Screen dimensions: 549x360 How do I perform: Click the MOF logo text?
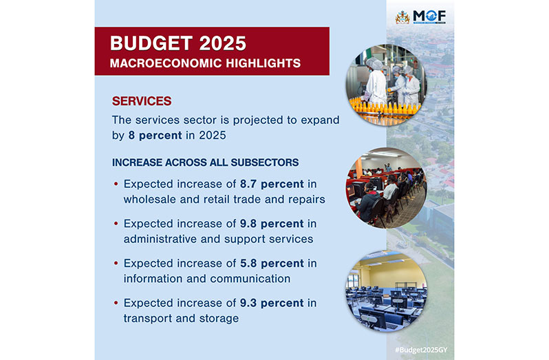click(429, 16)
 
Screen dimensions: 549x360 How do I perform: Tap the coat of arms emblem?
click(402, 17)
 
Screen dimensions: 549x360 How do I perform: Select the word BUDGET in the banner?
click(151, 43)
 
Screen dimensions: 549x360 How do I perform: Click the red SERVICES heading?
click(142, 101)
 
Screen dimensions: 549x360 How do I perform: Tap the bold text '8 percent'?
click(155, 136)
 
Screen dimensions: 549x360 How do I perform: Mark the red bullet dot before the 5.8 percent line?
click(116, 263)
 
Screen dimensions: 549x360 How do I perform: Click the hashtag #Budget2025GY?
click(421, 350)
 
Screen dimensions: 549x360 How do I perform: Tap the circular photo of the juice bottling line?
click(387, 85)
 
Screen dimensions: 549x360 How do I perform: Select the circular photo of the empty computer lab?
click(387, 291)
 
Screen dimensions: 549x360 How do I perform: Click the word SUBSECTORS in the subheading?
click(265, 162)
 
